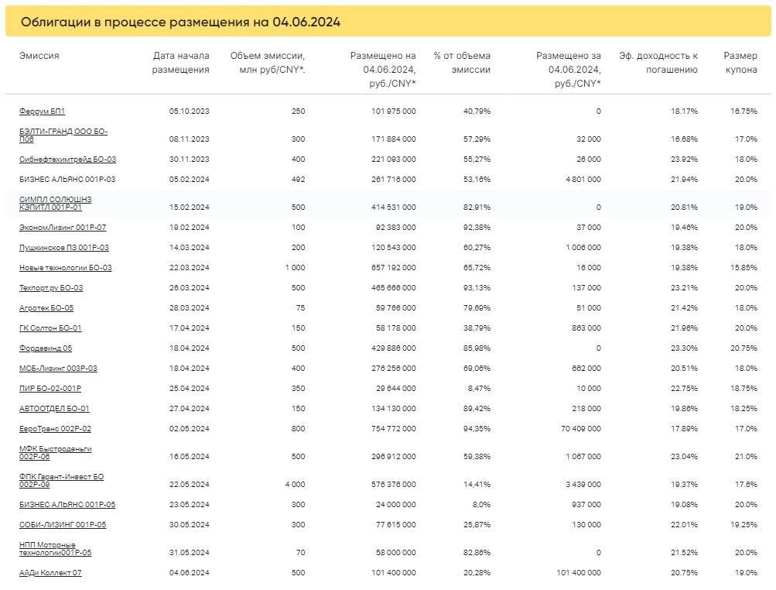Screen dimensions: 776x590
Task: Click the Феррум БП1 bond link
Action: point(42,111)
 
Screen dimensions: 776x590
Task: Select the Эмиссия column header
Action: point(39,56)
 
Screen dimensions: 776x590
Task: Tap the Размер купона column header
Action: point(741,63)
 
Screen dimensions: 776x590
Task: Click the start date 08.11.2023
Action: point(189,139)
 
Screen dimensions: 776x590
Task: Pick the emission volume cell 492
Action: point(299,179)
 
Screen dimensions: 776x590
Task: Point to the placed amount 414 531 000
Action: point(394,207)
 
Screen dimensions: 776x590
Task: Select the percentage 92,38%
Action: point(477,227)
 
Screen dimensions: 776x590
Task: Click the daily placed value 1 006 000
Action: point(583,247)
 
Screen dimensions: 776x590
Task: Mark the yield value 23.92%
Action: point(684,159)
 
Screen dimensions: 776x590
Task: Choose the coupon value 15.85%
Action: point(744,267)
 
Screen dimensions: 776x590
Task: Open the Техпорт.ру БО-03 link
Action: point(51,288)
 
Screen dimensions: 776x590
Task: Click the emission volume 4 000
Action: point(296,484)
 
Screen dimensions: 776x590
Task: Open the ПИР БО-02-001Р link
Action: point(50,389)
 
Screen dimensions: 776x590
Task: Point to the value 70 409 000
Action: point(581,428)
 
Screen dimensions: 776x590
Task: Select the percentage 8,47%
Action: point(479,389)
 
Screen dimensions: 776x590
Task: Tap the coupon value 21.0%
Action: point(746,456)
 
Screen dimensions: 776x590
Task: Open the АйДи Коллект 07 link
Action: point(50,573)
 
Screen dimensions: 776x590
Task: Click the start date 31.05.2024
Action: point(189,552)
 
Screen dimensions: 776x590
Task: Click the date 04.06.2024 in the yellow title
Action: point(306,22)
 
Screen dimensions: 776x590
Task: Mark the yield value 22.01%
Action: point(684,525)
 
